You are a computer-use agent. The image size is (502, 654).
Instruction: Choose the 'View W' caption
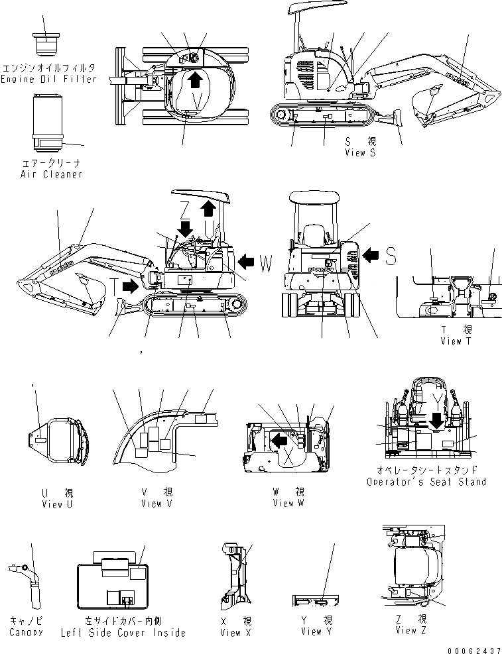pos(288,503)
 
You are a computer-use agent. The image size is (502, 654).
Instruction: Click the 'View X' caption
pos(235,633)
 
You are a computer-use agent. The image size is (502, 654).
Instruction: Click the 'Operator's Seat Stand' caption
pos(426,482)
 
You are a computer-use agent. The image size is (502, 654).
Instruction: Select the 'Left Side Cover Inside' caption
pos(133,633)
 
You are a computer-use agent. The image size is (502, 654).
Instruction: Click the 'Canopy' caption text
pos(26,632)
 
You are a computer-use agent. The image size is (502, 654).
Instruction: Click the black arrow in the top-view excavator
pos(194,80)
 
